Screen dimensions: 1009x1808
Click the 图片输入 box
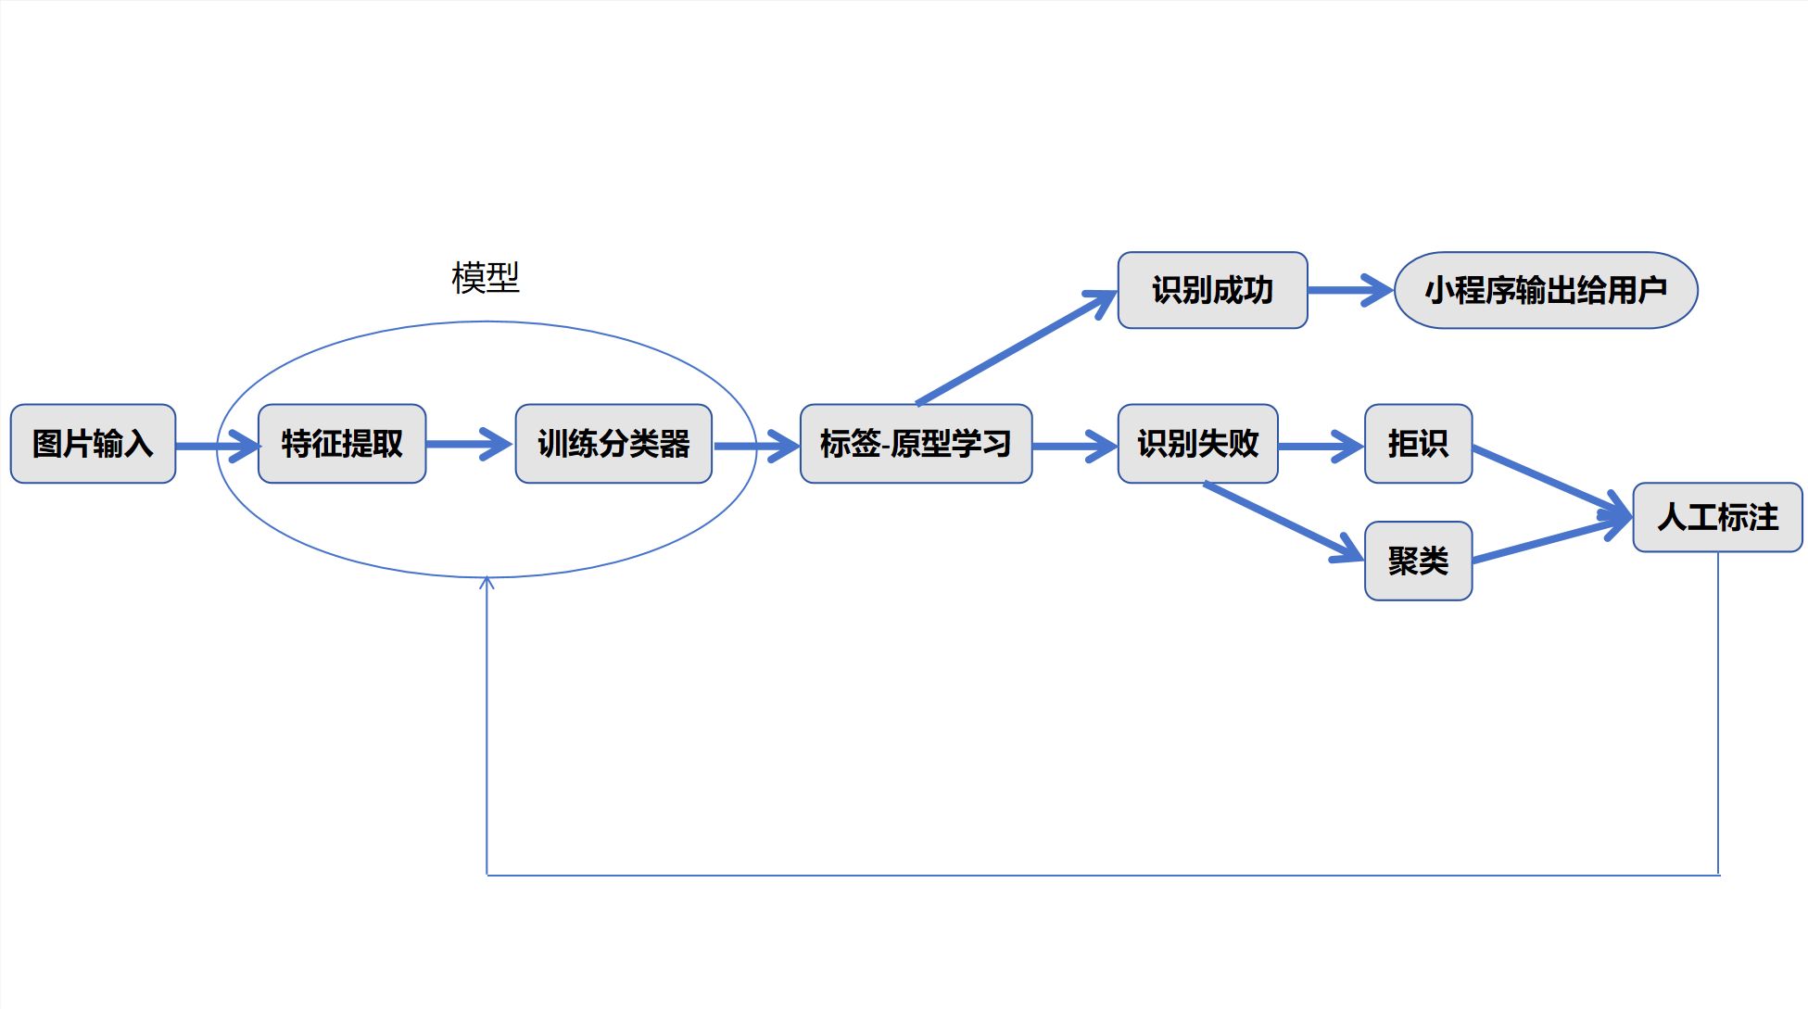[93, 444]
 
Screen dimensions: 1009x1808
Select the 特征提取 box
[342, 444]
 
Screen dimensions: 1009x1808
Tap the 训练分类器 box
[613, 444]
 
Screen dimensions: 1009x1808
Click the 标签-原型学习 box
[916, 444]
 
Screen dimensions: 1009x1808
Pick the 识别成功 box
[1212, 290]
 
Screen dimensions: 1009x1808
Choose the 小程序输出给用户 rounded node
[1546, 290]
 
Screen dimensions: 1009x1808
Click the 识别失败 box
[1197, 444]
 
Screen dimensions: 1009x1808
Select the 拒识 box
[1418, 444]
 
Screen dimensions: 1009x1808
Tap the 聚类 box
[1418, 561]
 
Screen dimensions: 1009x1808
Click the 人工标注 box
[1717, 517]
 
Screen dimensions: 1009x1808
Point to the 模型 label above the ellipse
[486, 277]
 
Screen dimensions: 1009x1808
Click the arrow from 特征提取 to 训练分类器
[469, 444]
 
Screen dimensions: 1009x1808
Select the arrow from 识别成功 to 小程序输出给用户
[1350, 290]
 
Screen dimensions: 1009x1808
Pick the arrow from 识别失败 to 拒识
[1321, 446]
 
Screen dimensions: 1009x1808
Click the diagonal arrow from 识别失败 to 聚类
[1283, 522]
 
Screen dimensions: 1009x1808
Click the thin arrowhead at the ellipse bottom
[487, 582]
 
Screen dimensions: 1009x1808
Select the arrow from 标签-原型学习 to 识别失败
[1074, 446]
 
